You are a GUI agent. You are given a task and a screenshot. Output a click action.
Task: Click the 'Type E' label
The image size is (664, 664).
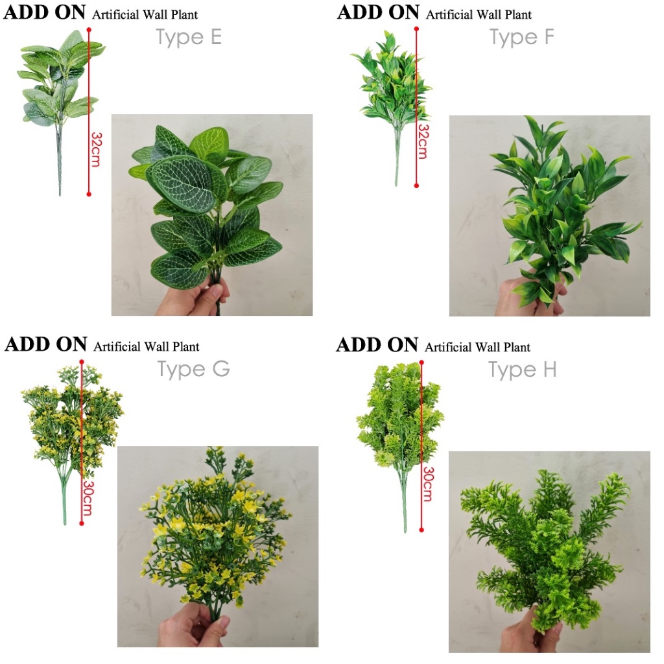189,37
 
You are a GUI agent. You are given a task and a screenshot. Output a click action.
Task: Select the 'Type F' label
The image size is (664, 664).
522,37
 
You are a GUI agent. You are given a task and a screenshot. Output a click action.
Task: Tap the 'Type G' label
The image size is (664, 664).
193,369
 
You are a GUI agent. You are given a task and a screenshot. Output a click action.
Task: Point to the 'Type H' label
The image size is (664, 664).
522,370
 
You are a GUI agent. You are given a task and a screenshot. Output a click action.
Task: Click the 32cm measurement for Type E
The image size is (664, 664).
97,149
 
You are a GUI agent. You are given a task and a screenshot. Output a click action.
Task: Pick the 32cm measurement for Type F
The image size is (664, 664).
423,141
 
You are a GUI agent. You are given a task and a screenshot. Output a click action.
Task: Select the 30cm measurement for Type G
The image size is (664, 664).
88,498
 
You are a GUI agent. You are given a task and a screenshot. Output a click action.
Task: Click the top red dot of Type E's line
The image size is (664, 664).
89,30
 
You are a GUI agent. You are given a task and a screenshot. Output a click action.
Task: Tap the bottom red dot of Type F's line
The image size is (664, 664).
416,185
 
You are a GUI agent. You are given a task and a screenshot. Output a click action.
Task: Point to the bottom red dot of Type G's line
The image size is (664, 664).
82,523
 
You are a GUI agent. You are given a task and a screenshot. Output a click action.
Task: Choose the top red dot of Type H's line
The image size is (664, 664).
421,362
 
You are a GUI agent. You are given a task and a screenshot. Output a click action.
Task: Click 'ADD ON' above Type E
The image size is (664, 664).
45,12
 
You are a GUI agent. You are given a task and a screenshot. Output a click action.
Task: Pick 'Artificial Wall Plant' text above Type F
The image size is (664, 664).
479,15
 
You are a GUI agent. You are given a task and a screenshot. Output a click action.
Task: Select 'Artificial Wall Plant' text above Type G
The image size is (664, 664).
146,347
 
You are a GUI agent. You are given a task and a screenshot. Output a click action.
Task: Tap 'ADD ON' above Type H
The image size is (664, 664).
377,345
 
